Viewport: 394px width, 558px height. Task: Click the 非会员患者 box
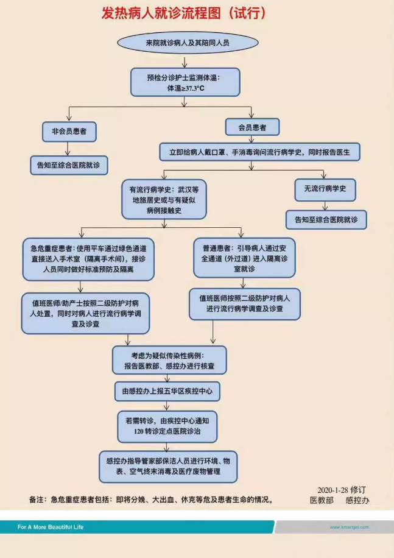pyautogui.click(x=69, y=131)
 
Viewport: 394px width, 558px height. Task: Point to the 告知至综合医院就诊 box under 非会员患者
pyautogui.click(x=69, y=164)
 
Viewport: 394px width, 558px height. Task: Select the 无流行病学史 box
pyautogui.click(x=325, y=189)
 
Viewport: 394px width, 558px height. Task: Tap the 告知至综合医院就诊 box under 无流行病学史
pyautogui.click(x=326, y=219)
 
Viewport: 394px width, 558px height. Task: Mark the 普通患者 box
pyautogui.click(x=245, y=258)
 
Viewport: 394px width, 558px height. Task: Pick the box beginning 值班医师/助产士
pyautogui.click(x=85, y=313)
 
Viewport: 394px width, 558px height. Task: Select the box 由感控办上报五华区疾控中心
pyautogui.click(x=167, y=392)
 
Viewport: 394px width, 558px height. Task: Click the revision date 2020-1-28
pyautogui.click(x=335, y=489)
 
